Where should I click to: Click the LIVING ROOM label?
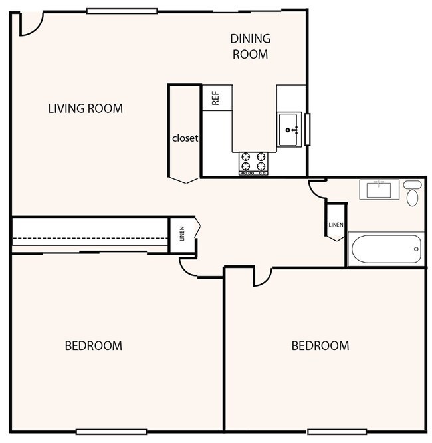pyautogui.click(x=85, y=108)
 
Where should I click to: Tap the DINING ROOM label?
pyautogui.click(x=250, y=46)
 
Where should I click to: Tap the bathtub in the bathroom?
pyautogui.click(x=385, y=249)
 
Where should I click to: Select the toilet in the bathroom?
pyautogui.click(x=413, y=194)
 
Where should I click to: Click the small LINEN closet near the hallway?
pyautogui.click(x=181, y=234)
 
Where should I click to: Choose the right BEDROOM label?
pyautogui.click(x=320, y=345)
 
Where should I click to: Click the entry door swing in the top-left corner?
pyautogui.click(x=28, y=24)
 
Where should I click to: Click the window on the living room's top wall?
pyautogui.click(x=122, y=10)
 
